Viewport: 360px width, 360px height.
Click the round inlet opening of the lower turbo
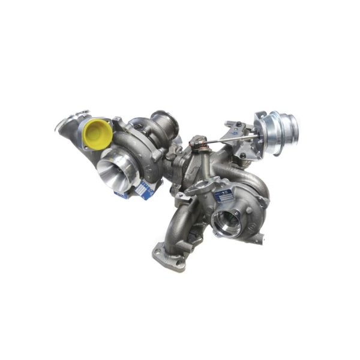(x=226, y=223)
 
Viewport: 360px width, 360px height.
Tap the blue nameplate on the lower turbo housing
(x=225, y=195)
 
